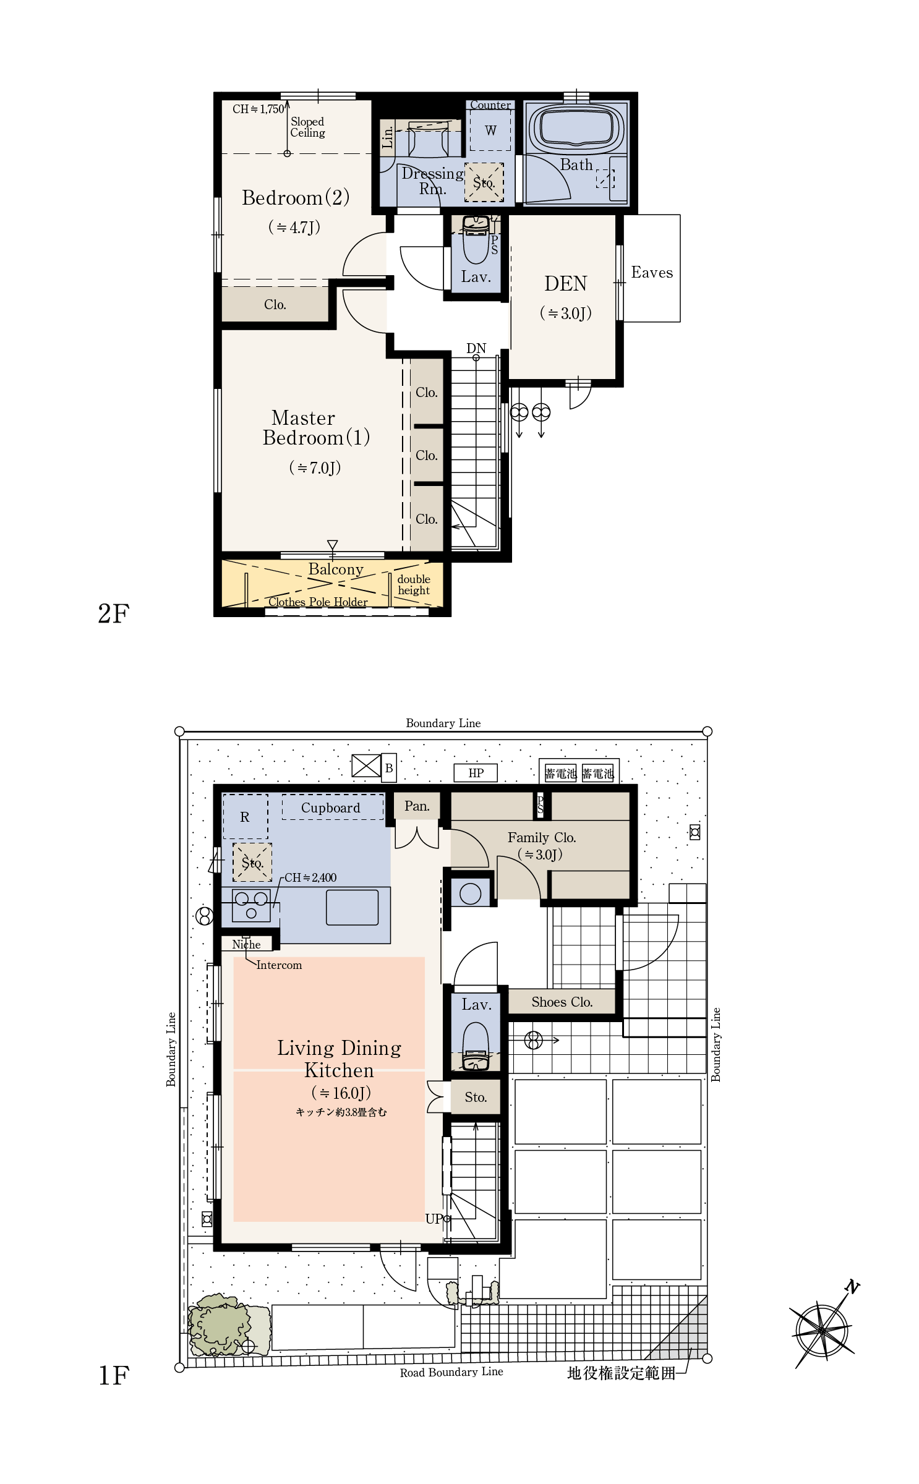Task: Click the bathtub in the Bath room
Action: click(x=576, y=129)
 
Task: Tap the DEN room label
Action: click(x=565, y=284)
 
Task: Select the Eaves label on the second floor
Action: click(x=652, y=273)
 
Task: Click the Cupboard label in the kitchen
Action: click(x=330, y=808)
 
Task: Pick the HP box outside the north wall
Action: click(x=476, y=773)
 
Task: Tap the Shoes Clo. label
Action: click(x=562, y=1002)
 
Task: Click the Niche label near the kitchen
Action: click(x=246, y=944)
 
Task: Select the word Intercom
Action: click(x=279, y=965)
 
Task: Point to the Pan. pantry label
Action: click(x=417, y=806)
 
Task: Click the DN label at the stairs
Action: click(x=476, y=348)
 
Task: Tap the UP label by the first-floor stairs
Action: click(x=434, y=1219)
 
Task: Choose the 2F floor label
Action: click(x=113, y=613)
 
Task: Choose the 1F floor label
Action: click(x=113, y=1375)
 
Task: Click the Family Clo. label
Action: click(x=542, y=838)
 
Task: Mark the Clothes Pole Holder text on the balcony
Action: click(x=318, y=602)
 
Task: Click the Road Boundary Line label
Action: click(x=451, y=1372)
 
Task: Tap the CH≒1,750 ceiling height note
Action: click(x=259, y=109)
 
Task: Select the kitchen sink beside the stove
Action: click(x=352, y=908)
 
